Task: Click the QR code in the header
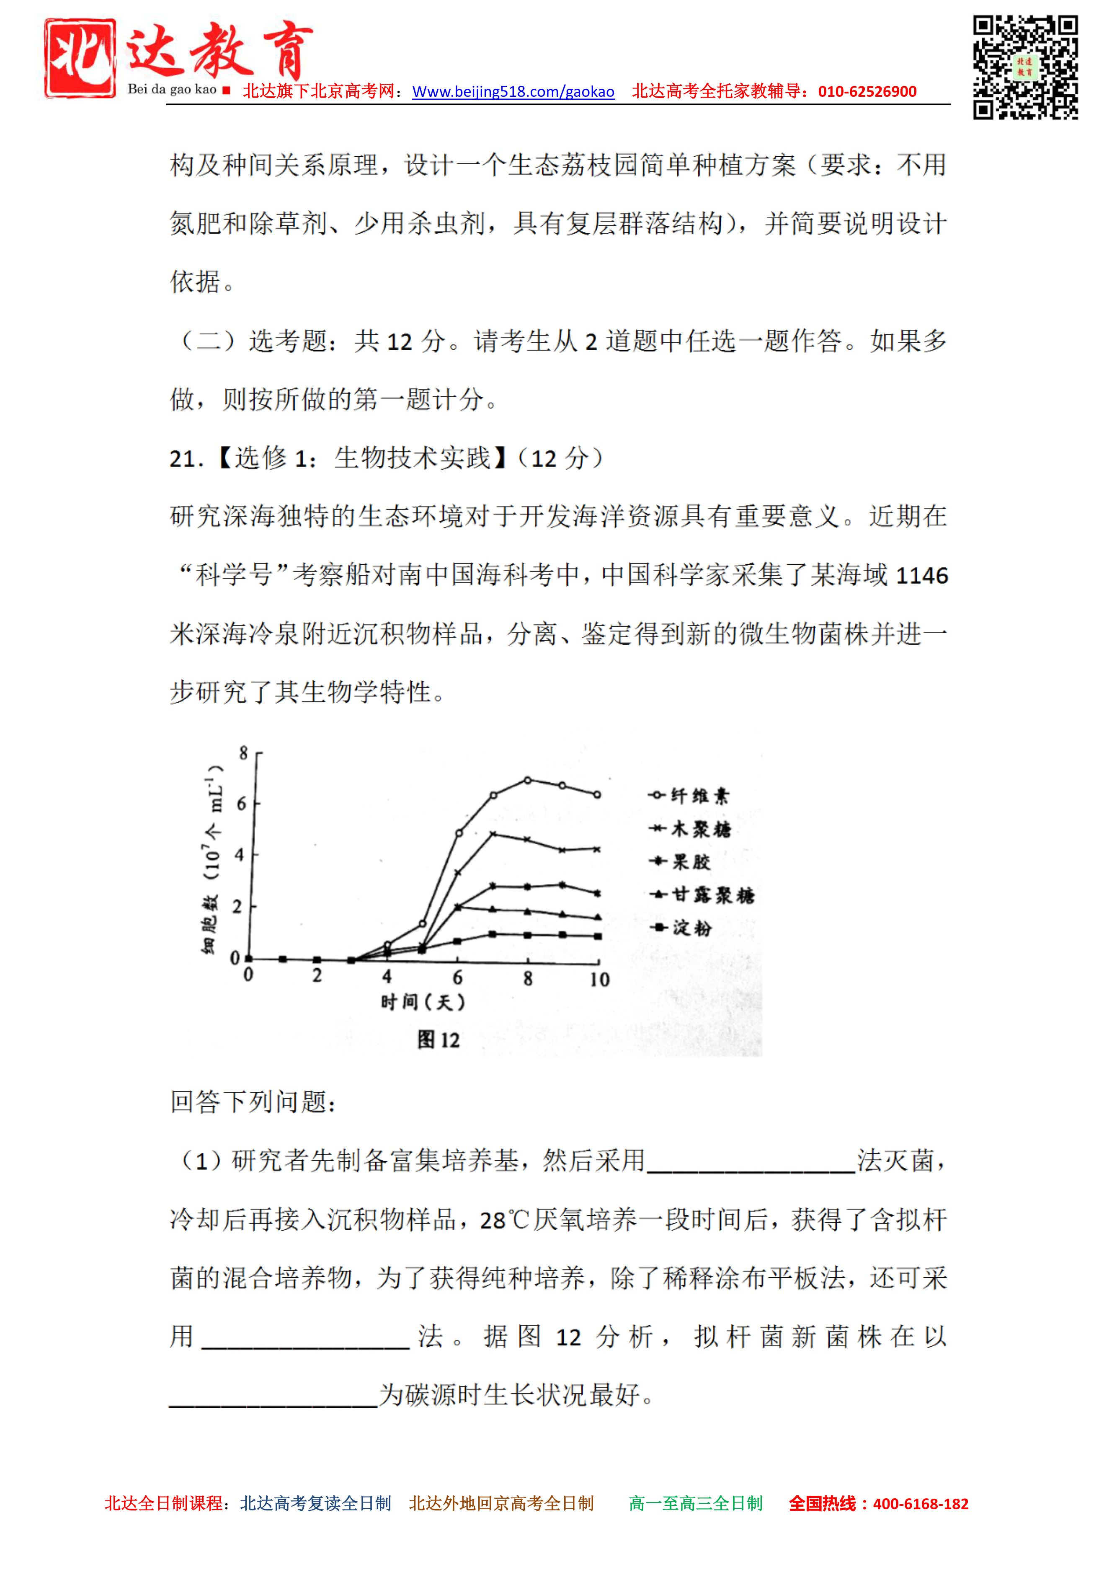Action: click(x=1025, y=67)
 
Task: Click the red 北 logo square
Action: click(x=80, y=59)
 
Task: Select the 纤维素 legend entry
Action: click(x=689, y=796)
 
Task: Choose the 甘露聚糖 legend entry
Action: click(x=702, y=895)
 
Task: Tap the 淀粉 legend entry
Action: click(x=681, y=928)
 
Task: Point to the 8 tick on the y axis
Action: click(x=243, y=753)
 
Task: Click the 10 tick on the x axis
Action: click(x=599, y=979)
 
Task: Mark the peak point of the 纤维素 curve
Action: click(x=528, y=780)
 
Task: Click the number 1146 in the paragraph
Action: click(x=922, y=575)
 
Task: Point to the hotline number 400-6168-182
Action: click(x=920, y=1504)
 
